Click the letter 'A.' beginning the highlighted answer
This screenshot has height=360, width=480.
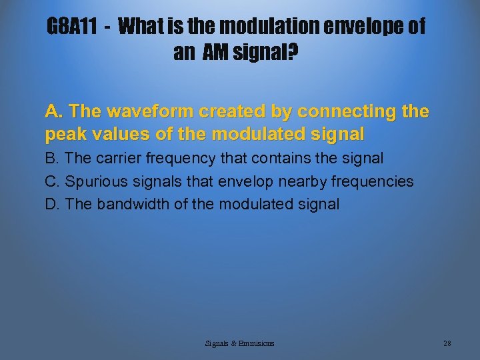click(53, 111)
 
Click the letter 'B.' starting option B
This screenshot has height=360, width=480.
click(52, 159)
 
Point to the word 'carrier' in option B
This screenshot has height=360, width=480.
click(120, 159)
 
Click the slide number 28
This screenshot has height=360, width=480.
click(447, 343)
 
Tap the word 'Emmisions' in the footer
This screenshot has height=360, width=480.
click(254, 343)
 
